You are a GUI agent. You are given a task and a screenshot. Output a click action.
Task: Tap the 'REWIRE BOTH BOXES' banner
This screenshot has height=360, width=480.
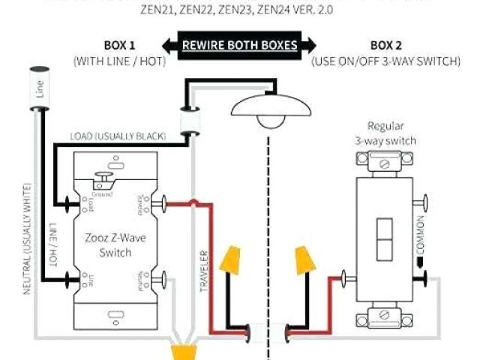tap(240, 45)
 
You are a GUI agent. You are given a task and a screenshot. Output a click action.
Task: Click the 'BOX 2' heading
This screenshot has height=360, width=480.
tap(386, 45)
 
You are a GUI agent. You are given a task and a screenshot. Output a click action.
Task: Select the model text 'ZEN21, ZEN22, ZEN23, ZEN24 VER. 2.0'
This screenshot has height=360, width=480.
tap(239, 11)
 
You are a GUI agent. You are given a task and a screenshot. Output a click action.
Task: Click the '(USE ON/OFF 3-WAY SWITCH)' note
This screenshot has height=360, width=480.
tap(385, 61)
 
